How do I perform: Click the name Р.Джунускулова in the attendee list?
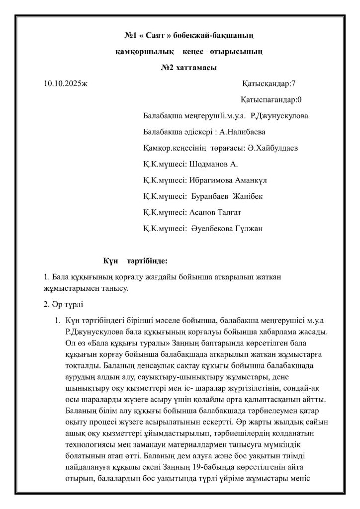(x=280, y=116)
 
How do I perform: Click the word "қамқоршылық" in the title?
(x=142, y=52)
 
